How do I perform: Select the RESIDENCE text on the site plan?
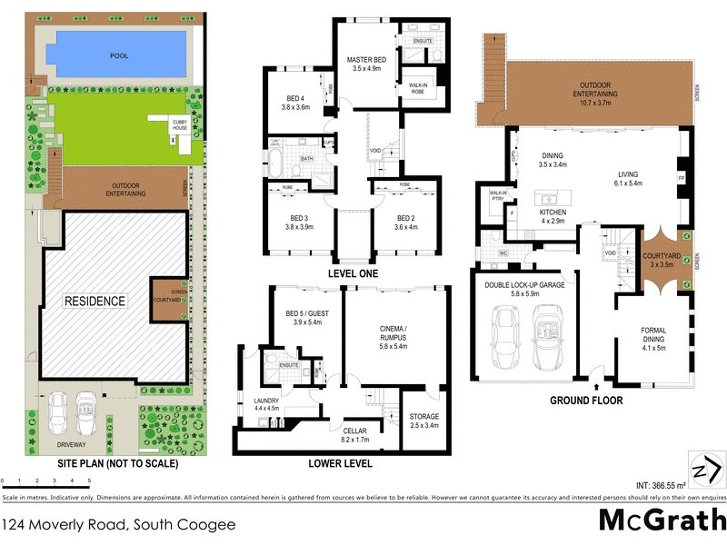pos(95,301)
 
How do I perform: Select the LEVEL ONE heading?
pos(353,272)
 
